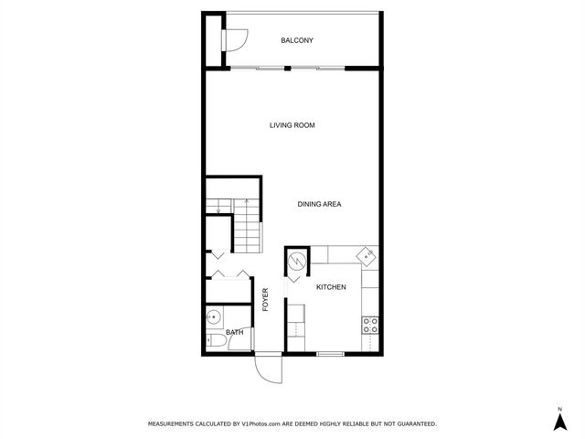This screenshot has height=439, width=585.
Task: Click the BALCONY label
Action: pos(297,40)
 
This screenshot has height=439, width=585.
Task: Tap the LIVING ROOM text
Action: pos(292,125)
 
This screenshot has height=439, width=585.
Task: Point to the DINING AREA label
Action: pos(319,204)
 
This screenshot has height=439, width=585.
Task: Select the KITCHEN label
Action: pos(331,287)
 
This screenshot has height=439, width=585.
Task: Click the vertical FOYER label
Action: pos(266,300)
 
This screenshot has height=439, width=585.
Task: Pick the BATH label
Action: pos(235,333)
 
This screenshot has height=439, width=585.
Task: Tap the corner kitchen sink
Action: pos(366,256)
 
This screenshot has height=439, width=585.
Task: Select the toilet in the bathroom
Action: pos(217,341)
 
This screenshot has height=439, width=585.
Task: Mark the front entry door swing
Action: pos(267,368)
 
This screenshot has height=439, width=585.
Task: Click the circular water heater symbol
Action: pos(298,262)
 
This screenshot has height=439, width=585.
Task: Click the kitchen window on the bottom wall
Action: pos(330,354)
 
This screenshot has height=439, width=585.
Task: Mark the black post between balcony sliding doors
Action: pos(287,68)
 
